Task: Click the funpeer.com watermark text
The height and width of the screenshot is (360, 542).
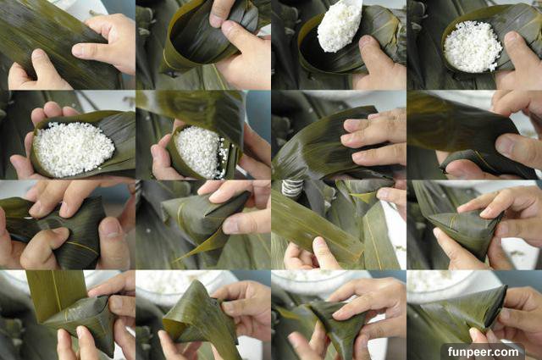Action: point(484,352)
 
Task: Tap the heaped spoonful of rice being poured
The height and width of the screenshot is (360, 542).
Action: point(338,27)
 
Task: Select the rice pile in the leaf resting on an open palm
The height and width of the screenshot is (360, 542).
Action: point(74,148)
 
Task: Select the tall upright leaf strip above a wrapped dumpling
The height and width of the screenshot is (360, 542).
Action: point(55,296)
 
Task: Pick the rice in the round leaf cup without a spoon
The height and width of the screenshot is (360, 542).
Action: point(473,47)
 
